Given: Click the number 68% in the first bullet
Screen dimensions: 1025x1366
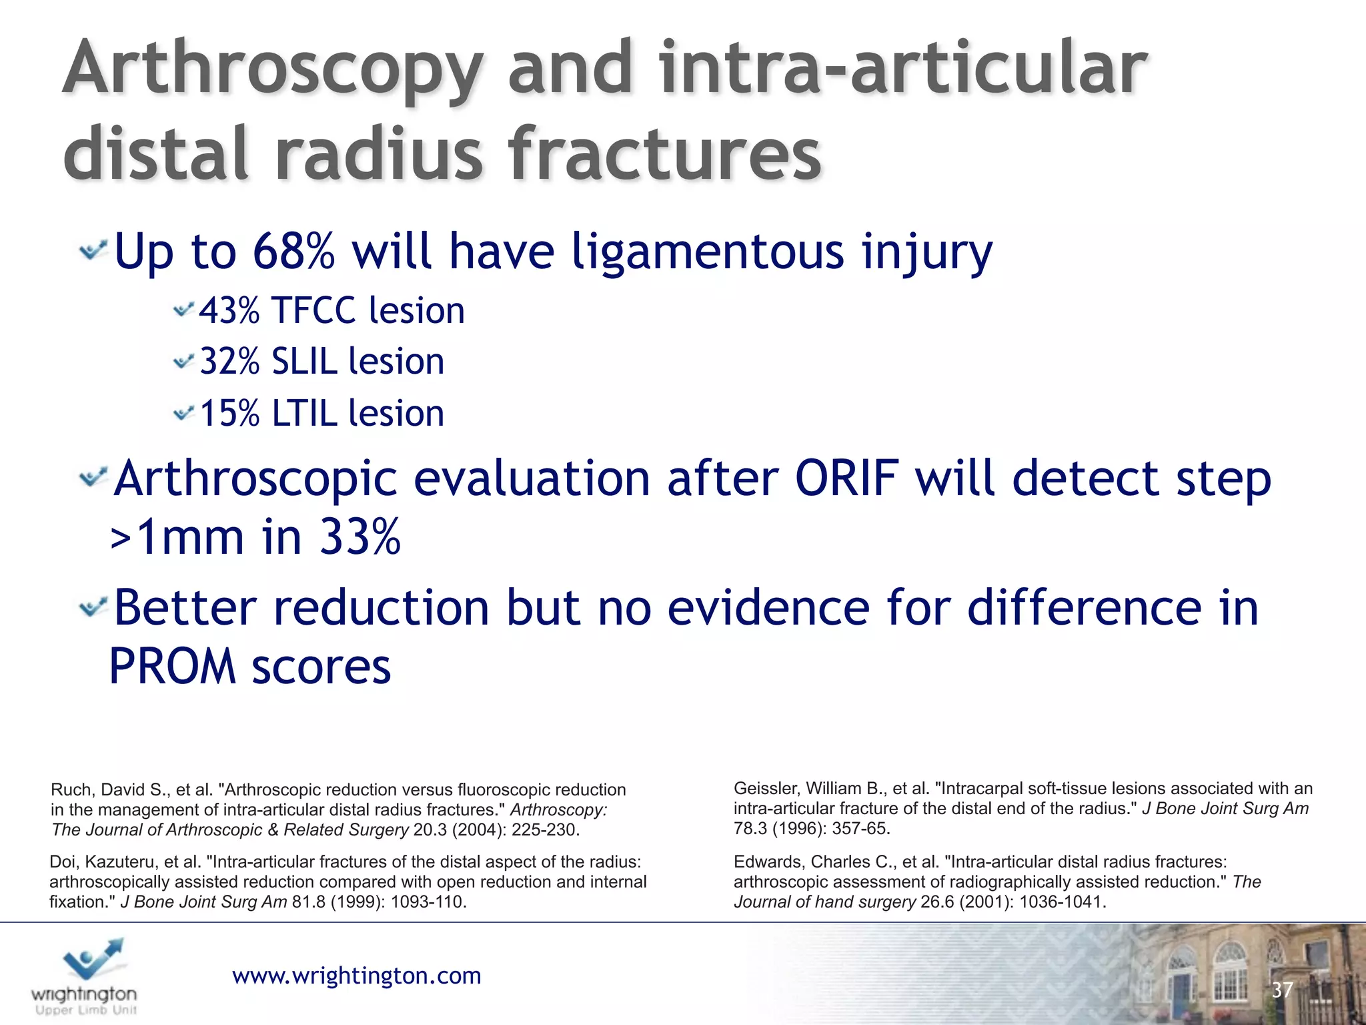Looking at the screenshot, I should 293,252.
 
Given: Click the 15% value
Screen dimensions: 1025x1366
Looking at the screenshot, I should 229,414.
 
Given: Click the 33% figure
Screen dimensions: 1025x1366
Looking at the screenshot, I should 360,537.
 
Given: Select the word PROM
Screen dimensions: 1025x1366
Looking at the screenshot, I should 173,667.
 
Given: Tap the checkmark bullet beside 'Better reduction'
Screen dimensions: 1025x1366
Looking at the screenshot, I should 93,607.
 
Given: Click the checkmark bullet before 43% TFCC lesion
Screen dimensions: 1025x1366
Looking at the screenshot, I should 183,310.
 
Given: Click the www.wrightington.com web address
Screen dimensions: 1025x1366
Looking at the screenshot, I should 356,976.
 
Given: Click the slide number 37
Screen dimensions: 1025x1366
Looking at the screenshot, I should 1281,990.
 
